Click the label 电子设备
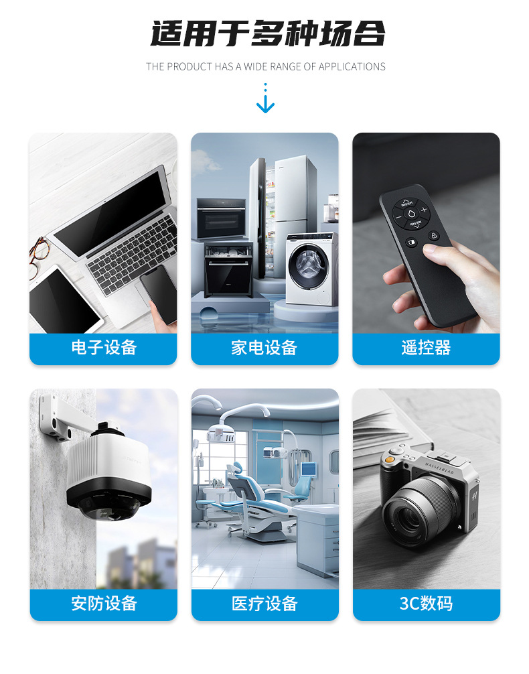pyautogui.click(x=104, y=348)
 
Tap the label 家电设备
pyautogui.click(x=264, y=348)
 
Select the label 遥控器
pyautogui.click(x=426, y=348)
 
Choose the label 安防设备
pyautogui.click(x=104, y=603)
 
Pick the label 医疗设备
pyautogui.click(x=264, y=603)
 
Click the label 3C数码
pyautogui.click(x=426, y=603)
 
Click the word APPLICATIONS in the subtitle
pyautogui.click(x=352, y=66)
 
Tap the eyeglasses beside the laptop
pyautogui.click(x=39, y=255)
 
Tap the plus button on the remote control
pyautogui.click(x=424, y=210)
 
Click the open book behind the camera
pyautogui.click(x=395, y=429)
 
